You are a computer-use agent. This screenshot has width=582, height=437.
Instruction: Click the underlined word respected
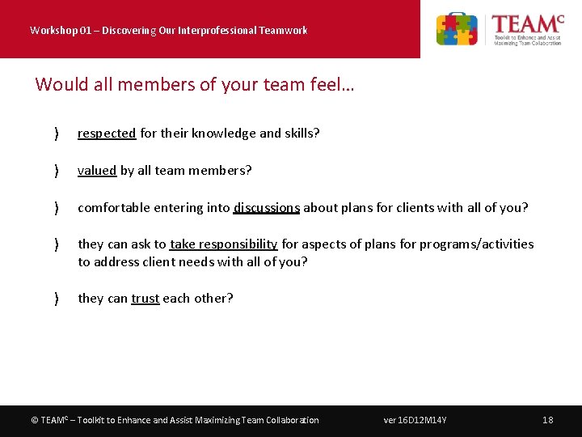coord(107,134)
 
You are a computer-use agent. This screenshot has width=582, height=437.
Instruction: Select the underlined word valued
coord(97,171)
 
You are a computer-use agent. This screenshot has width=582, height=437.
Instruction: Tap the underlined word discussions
coord(267,208)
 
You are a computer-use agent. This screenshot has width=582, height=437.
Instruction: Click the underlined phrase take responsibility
coord(224,244)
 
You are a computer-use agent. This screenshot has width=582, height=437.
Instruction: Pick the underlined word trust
coord(145,299)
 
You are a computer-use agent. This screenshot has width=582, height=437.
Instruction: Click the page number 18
coord(547,420)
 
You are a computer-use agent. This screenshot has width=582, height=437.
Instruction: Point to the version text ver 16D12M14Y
coord(415,420)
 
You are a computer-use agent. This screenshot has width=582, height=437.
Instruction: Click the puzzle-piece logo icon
coord(457,29)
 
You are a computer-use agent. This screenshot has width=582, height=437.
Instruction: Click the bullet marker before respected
coord(55,134)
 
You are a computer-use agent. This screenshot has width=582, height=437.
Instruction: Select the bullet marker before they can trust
coord(55,299)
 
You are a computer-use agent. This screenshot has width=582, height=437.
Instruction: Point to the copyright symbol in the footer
coord(34,420)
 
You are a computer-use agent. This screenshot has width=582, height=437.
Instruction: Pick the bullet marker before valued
coord(55,171)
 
